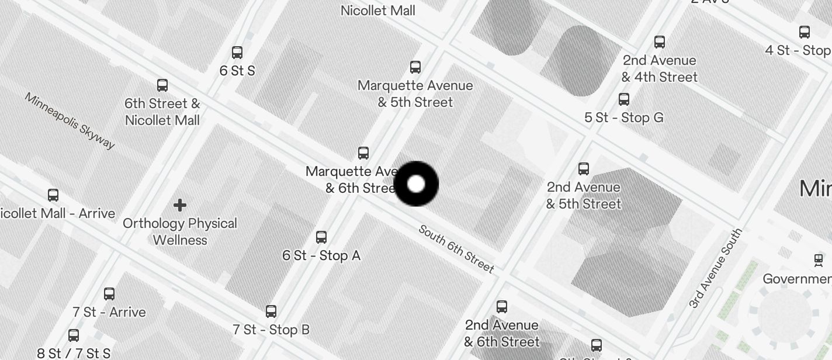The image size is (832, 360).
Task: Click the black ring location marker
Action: click(416, 184)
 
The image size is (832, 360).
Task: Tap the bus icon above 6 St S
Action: click(237, 53)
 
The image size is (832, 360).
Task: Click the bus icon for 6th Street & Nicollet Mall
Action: click(162, 85)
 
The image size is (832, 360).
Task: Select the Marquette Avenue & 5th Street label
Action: click(415, 94)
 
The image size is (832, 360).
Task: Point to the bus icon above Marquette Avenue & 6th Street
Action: click(363, 153)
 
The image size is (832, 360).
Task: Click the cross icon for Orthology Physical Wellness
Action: click(180, 205)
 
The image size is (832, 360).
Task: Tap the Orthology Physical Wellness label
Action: click(180, 231)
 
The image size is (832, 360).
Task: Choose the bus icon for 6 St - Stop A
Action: click(321, 237)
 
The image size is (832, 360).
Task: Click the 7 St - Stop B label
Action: click(271, 330)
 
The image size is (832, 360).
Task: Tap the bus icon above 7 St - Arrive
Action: click(109, 293)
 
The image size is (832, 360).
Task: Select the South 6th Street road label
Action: click(456, 249)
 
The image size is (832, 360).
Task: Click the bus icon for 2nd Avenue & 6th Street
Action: click(502, 307)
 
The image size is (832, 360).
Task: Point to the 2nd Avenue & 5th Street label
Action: click(584, 195)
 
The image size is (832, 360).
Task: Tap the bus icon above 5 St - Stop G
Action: click(624, 99)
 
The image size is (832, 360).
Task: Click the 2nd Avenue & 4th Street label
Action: click(660, 68)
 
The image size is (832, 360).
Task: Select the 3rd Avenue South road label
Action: click(715, 268)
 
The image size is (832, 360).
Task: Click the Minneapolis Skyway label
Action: click(70, 120)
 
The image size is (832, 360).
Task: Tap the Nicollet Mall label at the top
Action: click(378, 11)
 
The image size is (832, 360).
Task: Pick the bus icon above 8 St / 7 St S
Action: click(74, 335)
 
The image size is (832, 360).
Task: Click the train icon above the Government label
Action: click(819, 259)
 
